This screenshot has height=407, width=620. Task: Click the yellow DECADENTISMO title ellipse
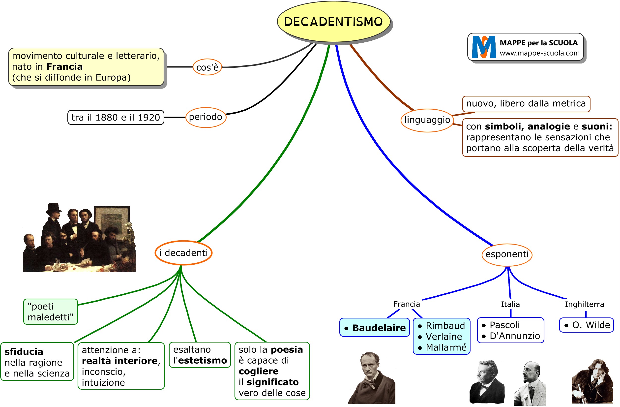tap(333, 22)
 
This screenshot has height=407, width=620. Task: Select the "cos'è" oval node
tap(207, 67)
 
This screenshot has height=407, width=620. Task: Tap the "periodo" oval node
tap(206, 117)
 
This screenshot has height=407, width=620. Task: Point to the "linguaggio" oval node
tap(427, 120)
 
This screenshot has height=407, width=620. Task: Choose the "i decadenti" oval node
tap(183, 253)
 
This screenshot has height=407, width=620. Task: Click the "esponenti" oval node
tap(507, 254)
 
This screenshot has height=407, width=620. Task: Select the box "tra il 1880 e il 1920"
tap(116, 118)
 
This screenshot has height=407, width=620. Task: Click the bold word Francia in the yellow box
tap(64, 67)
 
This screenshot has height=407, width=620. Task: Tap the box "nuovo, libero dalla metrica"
tap(526, 104)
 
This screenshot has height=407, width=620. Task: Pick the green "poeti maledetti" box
tap(51, 312)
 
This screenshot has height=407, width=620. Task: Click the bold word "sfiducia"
tap(24, 352)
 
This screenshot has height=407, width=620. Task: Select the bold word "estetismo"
tap(203, 360)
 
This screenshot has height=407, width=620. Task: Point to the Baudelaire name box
tap(374, 328)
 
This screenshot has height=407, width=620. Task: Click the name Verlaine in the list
tap(444, 337)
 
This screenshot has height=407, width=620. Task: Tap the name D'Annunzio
tap(514, 336)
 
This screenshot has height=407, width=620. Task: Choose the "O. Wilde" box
tap(586, 325)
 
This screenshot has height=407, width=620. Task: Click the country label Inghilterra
tap(584, 304)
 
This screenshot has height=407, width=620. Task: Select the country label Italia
tap(510, 304)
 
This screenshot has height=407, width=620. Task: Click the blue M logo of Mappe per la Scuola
tap(484, 47)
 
